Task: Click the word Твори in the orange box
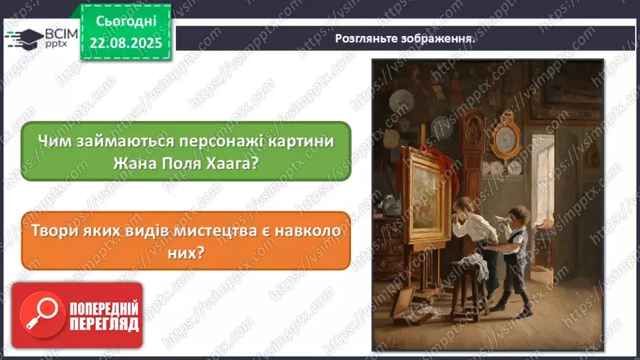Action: (x=58, y=231)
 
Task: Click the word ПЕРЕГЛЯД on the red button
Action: (x=104, y=324)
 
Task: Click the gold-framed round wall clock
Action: (x=504, y=141)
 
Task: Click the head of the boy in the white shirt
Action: (x=463, y=206)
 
